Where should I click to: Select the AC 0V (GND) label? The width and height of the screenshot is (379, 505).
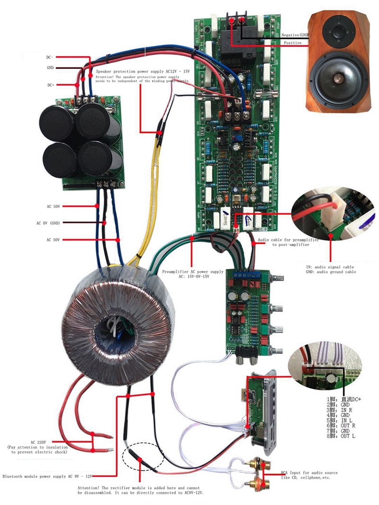tap(49, 223)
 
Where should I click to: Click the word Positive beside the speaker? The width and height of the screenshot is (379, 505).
tap(293, 43)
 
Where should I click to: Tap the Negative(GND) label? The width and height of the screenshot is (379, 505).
tap(296, 35)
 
